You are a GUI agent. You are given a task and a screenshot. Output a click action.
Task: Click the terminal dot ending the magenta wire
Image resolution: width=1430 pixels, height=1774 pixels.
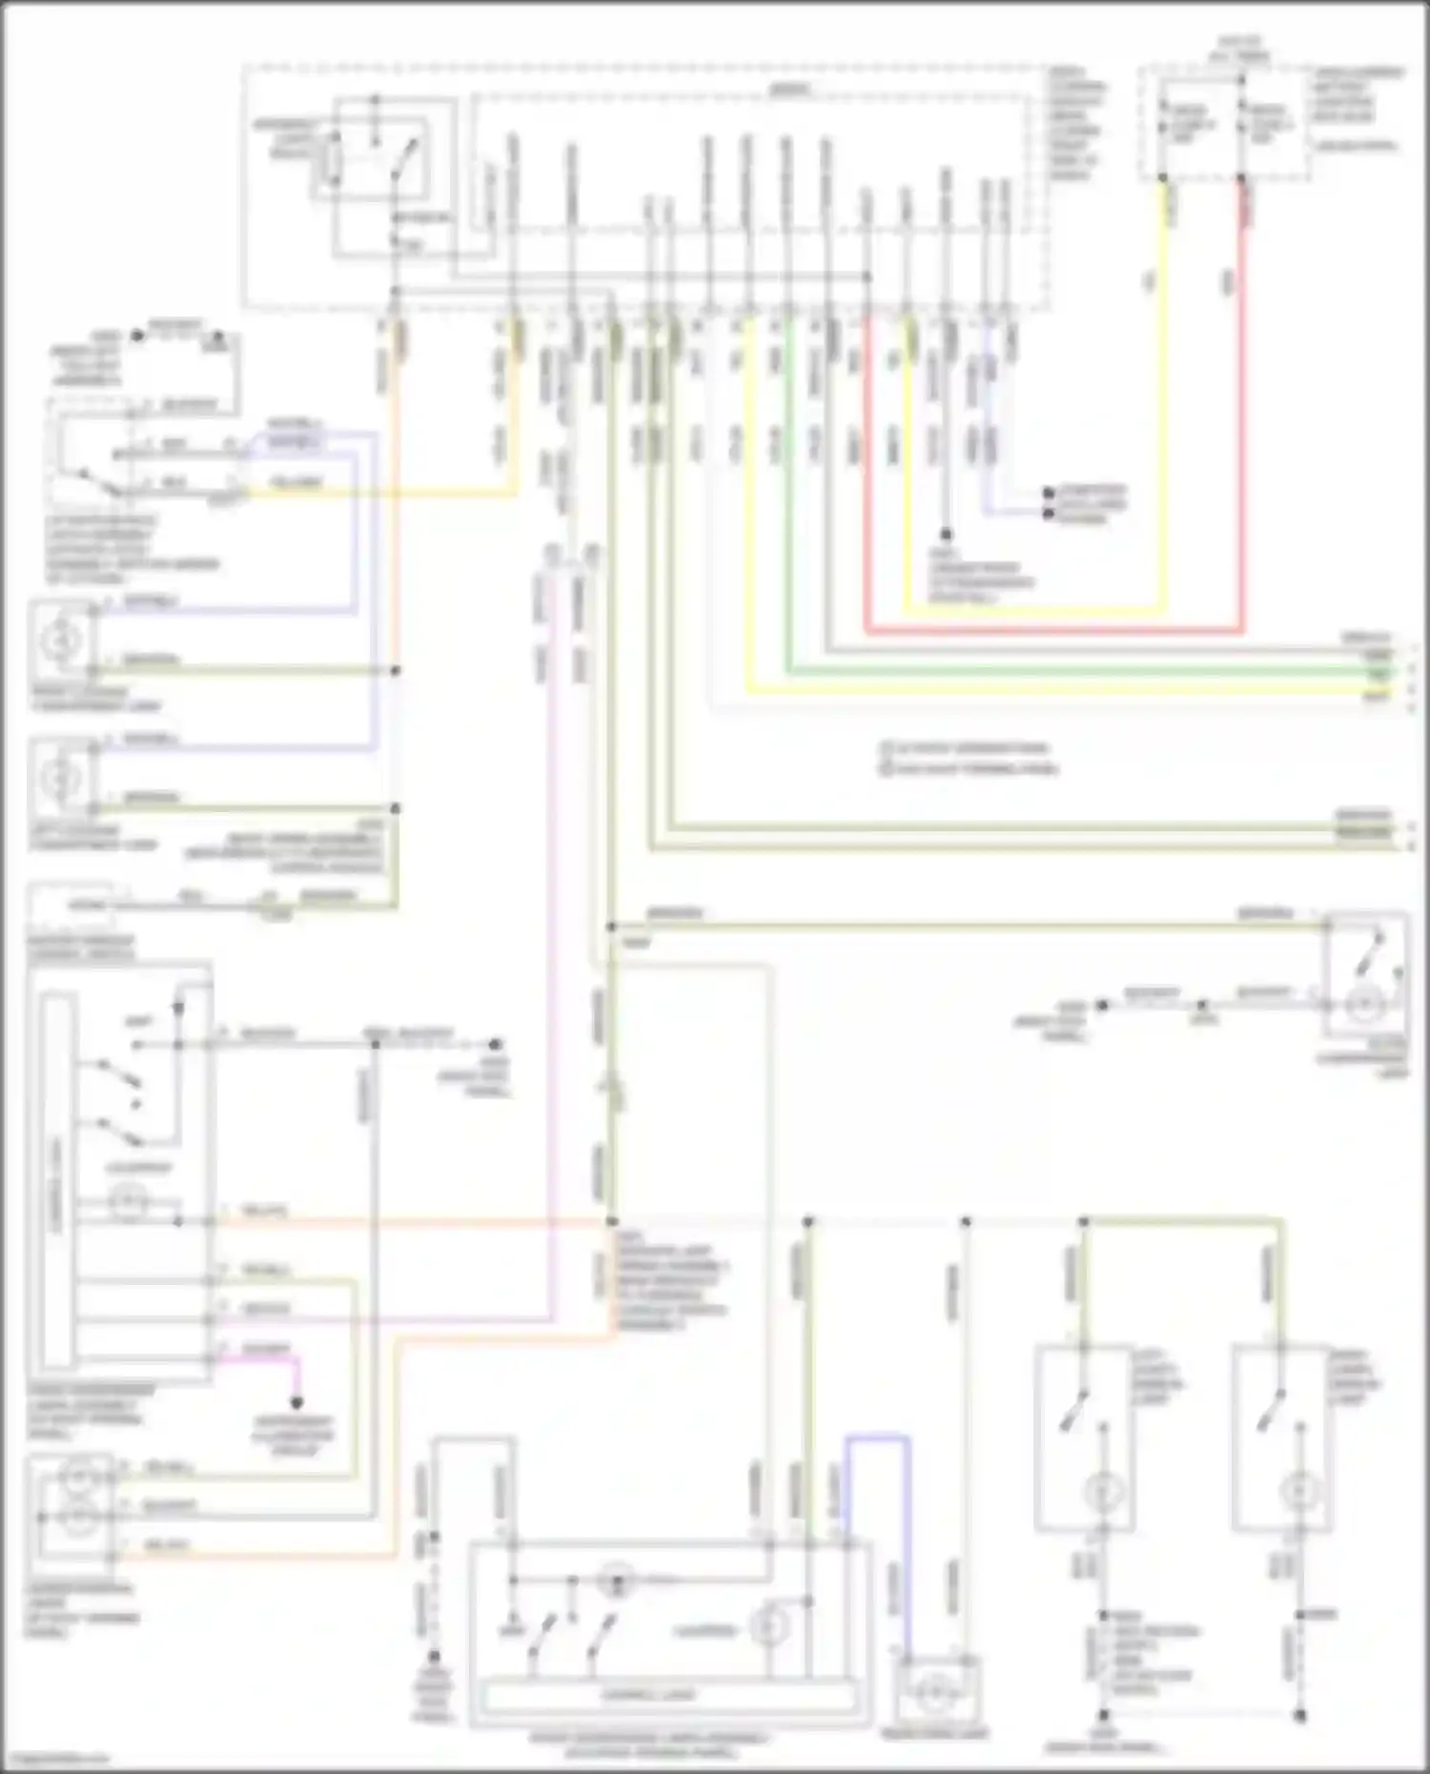click(297, 1403)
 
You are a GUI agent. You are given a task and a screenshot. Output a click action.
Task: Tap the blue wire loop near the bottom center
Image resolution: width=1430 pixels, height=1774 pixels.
click(877, 1437)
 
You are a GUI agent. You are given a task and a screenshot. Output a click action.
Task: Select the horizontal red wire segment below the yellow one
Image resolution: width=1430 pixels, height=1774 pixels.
click(1049, 630)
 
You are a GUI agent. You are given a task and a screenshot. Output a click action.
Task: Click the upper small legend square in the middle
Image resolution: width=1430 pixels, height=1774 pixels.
click(886, 748)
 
